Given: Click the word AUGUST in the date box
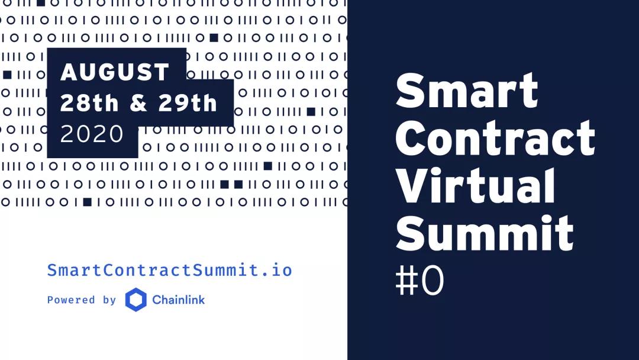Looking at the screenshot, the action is [115, 72].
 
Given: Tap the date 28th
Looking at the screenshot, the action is [89, 102].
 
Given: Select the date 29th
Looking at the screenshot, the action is [188, 102].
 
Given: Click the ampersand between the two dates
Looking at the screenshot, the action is [138, 103].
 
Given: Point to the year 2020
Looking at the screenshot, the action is [92, 133].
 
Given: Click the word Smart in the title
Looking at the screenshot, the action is [467, 91].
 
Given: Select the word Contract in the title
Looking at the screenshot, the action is [495, 138].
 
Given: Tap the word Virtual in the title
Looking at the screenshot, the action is [475, 185].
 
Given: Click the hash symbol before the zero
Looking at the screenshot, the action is [406, 281].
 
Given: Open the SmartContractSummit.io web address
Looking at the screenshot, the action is [170, 270].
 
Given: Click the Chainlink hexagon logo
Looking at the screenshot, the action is [135, 300].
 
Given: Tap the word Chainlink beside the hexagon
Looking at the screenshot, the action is [179, 300].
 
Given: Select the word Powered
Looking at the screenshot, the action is [71, 300].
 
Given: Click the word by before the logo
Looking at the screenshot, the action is [109, 300].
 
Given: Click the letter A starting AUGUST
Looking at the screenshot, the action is [69, 72].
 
